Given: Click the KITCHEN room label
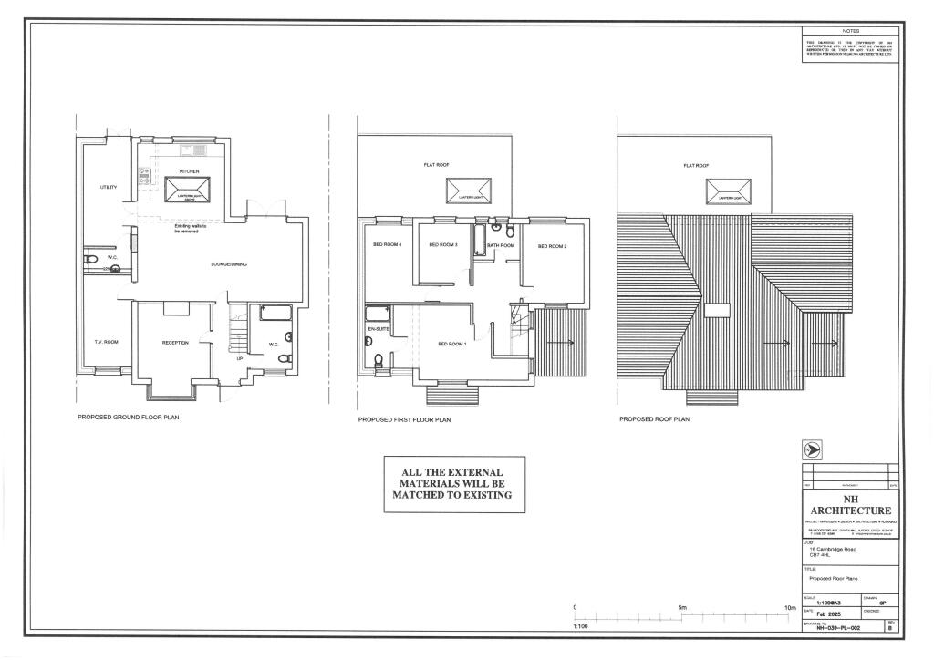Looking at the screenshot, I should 189,171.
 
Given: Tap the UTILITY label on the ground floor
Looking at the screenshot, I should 109,187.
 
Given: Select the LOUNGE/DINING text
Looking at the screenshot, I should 229,264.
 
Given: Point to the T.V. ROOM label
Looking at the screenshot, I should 107,342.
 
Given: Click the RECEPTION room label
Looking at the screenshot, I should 175,343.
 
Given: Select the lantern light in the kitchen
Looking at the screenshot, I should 189,191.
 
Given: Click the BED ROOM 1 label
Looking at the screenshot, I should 451,344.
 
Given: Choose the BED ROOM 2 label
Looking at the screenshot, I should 553,246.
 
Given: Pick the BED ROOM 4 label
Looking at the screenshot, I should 387,245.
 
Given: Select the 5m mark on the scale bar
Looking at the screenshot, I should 682,607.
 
